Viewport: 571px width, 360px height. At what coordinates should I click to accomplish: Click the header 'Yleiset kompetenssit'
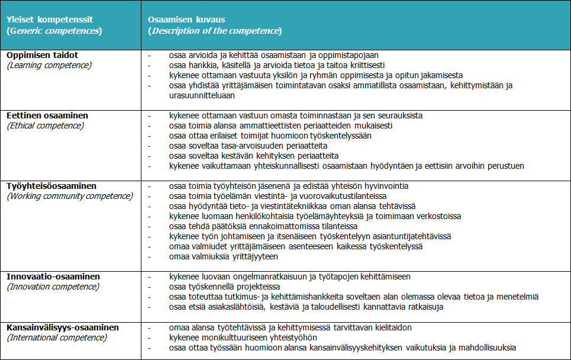point(49,20)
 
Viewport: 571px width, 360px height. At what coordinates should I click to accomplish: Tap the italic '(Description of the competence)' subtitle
point(215,31)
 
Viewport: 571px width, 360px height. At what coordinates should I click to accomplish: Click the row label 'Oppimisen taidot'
point(43,55)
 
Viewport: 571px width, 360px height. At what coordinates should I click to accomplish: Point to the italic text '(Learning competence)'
point(49,65)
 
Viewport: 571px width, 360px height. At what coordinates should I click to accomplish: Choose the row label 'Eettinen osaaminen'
point(47,115)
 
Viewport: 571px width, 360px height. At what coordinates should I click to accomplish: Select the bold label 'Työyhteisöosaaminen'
point(51,186)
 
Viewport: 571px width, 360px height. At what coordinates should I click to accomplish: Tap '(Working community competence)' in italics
point(70,196)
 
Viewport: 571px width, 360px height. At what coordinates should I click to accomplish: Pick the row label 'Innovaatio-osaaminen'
point(53,277)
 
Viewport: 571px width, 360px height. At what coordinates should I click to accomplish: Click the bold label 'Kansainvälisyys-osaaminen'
point(63,327)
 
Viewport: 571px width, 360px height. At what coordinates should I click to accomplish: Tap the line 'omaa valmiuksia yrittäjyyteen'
point(223,257)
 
